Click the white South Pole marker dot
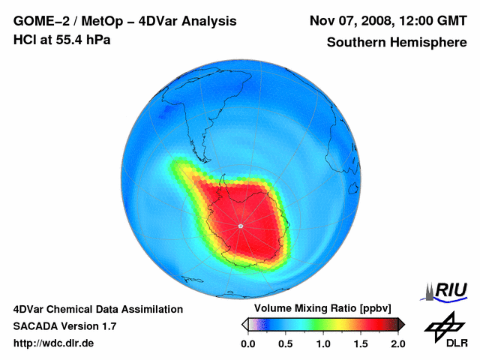click(x=240, y=226)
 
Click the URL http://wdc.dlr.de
click(x=54, y=343)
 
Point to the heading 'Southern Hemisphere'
click(x=397, y=43)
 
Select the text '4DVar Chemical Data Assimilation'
click(x=97, y=309)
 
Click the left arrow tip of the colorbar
click(x=244, y=324)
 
